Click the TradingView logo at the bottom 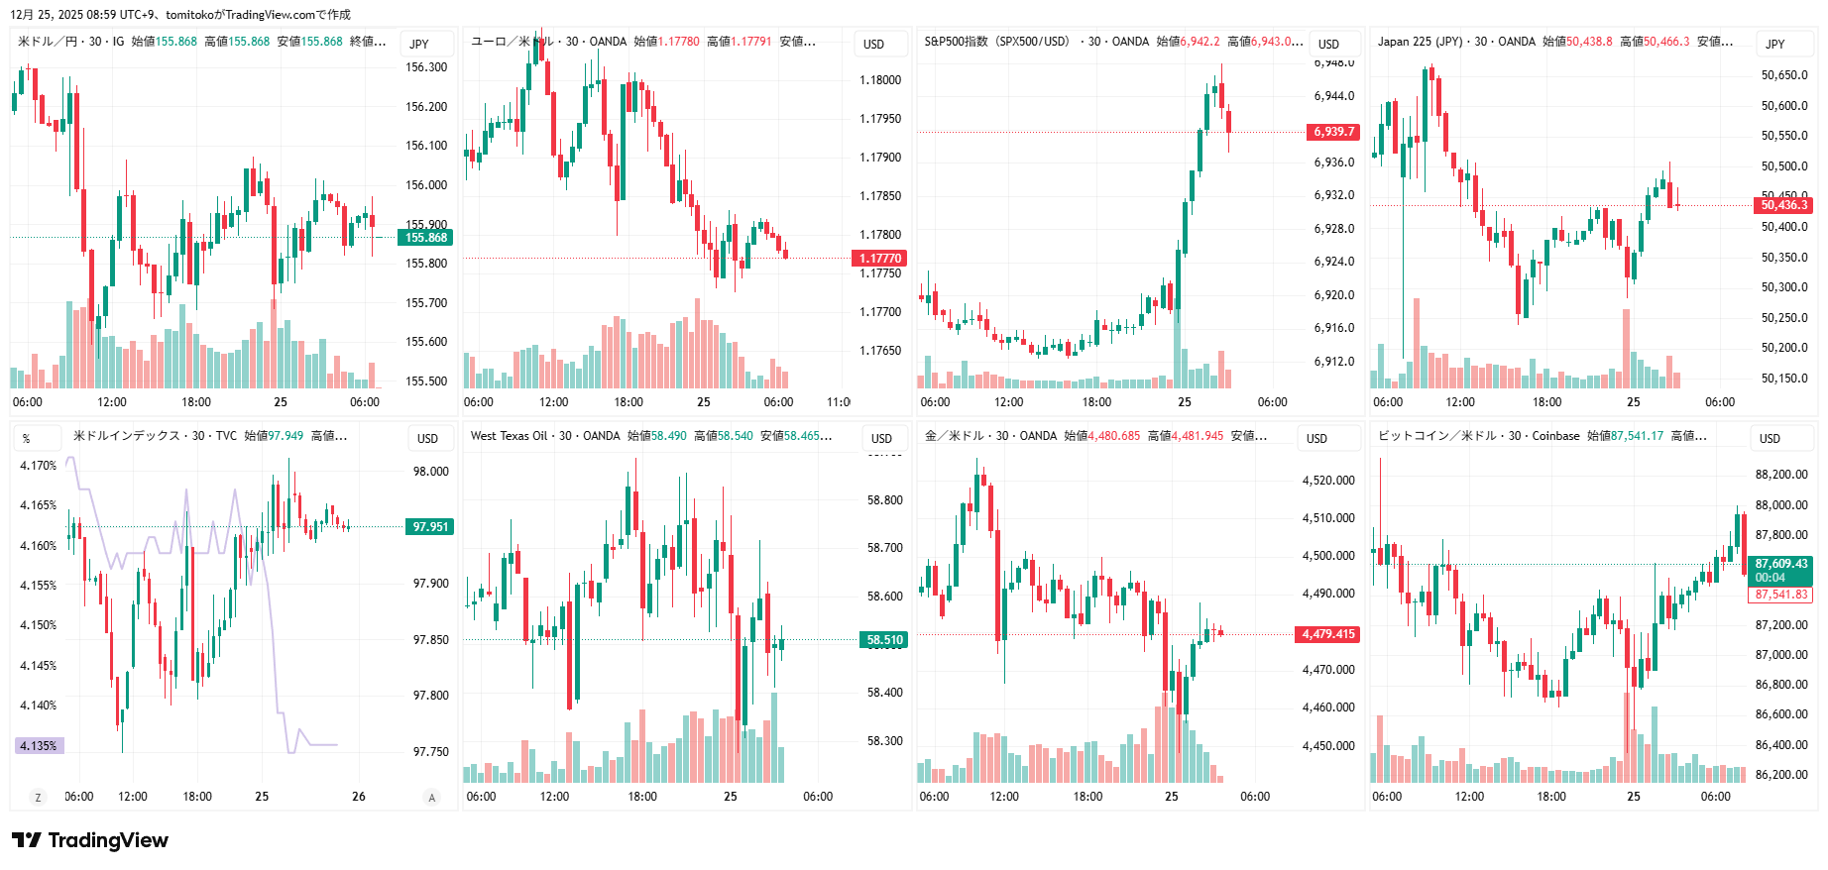[90, 840]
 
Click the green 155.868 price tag [425, 238]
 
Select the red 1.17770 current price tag [879, 259]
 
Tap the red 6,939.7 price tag [1333, 132]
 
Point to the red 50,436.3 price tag [1783, 205]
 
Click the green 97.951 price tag [430, 527]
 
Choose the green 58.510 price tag [884, 640]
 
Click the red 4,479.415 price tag [1327, 634]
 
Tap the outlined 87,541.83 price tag [1780, 595]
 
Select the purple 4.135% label [40, 746]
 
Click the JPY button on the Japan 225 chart [1774, 44]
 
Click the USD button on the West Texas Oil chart [881, 438]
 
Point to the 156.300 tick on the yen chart [426, 67]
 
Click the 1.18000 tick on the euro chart [880, 80]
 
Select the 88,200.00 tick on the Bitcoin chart [1781, 475]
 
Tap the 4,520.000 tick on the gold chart [1328, 481]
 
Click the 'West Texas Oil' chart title [509, 436]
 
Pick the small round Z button [39, 797]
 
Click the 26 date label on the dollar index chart [359, 797]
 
